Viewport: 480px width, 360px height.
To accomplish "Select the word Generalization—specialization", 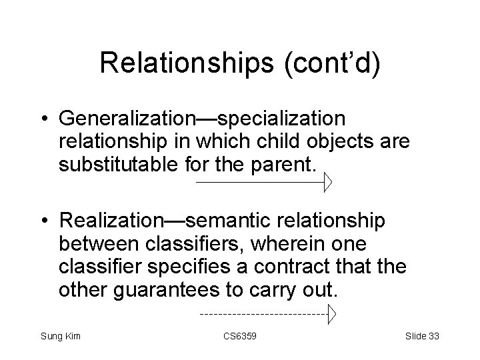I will [x=202, y=118].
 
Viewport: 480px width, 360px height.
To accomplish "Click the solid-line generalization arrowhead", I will [x=327, y=181].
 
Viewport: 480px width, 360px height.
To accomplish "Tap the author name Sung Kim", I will [x=60, y=336].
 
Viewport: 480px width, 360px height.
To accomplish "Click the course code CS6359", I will [x=240, y=336].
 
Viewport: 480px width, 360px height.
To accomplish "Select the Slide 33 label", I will [x=422, y=336].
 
